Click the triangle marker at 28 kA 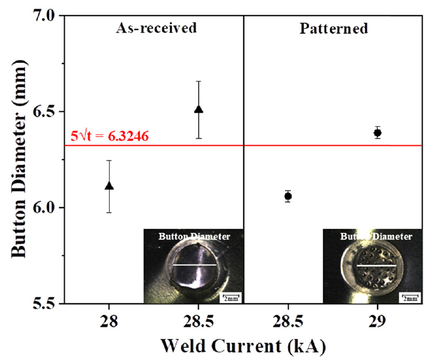(x=109, y=186)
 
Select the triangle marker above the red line (x=198, y=109)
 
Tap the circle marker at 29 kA (x=377, y=133)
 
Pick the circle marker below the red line (x=288, y=196)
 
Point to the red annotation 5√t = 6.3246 (x=110, y=137)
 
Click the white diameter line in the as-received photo (x=194, y=266)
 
